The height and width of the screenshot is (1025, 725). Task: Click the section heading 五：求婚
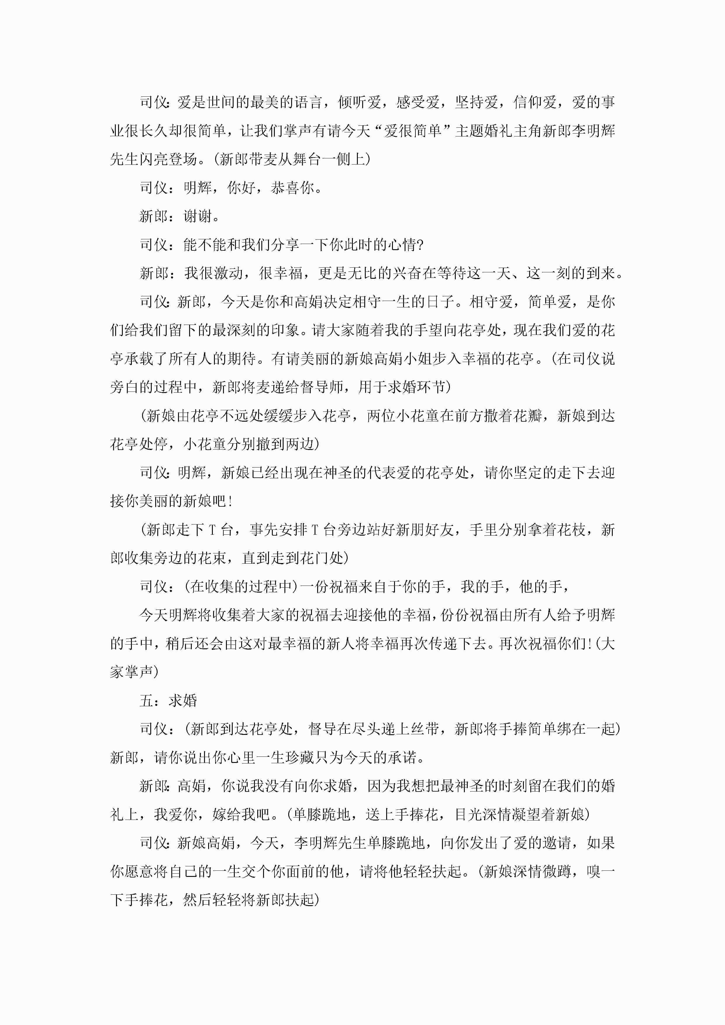pyautogui.click(x=168, y=700)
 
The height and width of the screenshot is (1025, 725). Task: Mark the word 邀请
pyautogui.click(x=557, y=843)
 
